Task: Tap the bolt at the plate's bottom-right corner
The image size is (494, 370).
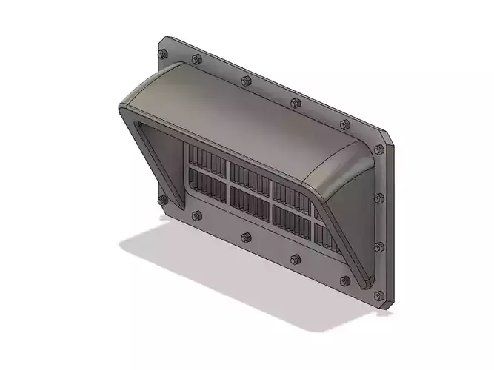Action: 381,296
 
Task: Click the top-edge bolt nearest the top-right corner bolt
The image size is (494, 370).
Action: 344,125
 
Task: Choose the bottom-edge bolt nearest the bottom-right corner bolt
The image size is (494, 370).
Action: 344,280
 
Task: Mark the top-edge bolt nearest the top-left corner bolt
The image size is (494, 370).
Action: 196,59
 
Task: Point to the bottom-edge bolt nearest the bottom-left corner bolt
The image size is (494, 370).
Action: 196,216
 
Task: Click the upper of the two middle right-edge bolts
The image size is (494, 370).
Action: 380,198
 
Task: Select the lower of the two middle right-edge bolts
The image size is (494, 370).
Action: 380,246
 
